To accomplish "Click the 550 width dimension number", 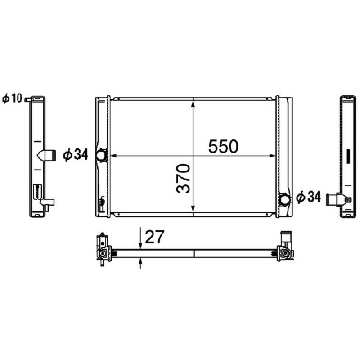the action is coord(223,147).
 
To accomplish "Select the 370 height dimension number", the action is coord(183,178).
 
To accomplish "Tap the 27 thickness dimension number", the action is coord(155,237).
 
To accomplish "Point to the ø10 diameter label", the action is coord(12,99).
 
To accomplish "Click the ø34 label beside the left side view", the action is coord(76,154).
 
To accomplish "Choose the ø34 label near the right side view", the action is coord(308,198).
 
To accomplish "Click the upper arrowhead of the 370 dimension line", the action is coord(193,104).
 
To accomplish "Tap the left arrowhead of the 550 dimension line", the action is coord(114,156).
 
